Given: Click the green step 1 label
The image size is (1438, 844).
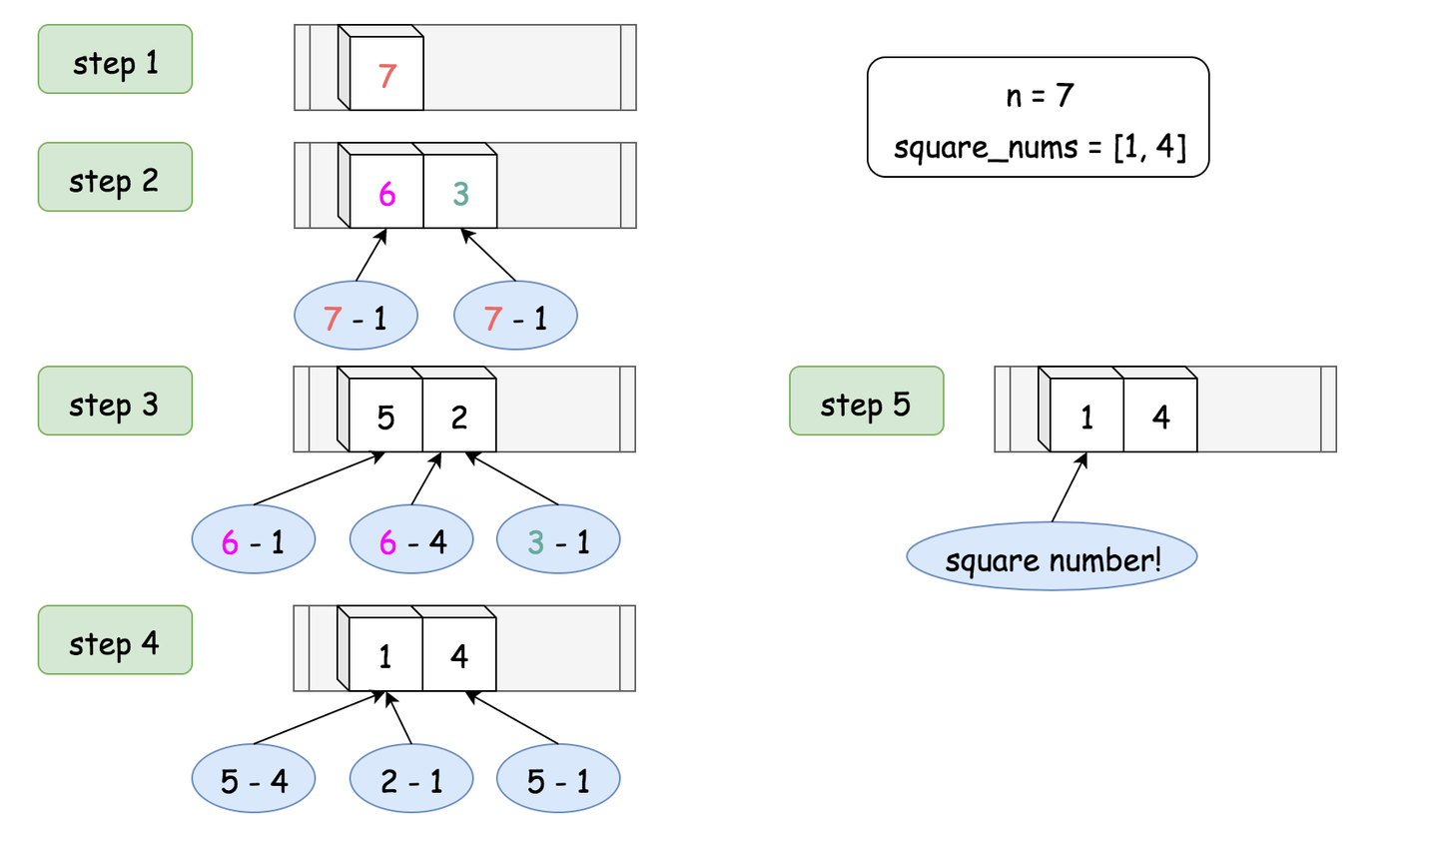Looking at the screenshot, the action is [115, 59].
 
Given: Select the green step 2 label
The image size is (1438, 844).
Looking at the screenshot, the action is [115, 177].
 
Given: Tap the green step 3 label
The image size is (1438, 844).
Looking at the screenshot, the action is [115, 401].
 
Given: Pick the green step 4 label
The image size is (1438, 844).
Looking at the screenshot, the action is [115, 640].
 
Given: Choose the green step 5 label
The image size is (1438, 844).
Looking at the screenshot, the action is [867, 401].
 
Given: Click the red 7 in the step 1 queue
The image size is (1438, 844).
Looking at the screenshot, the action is [386, 76].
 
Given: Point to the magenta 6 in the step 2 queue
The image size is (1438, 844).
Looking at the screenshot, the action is [386, 194].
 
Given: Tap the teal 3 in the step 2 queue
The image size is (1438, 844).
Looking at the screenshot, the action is [461, 194].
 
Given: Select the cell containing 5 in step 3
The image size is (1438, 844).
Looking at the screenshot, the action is [385, 415].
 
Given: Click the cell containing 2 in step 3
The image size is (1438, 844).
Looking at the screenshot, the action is [459, 415].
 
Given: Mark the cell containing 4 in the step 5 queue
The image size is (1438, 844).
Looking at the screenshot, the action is [1160, 415].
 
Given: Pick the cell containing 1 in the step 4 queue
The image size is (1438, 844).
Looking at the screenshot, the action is [385, 654].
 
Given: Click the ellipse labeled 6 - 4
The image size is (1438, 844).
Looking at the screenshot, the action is [411, 539].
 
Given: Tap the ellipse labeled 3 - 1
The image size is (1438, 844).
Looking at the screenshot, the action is [558, 539].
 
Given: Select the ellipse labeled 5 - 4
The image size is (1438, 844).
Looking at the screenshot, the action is [254, 778].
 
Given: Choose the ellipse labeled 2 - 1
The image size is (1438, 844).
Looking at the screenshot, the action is [411, 778].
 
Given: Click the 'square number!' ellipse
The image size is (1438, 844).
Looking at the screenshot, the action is [1053, 556].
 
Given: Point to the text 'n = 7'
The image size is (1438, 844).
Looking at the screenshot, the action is [1040, 95].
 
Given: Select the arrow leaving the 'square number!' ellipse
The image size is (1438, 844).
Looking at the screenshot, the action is [1070, 487].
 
